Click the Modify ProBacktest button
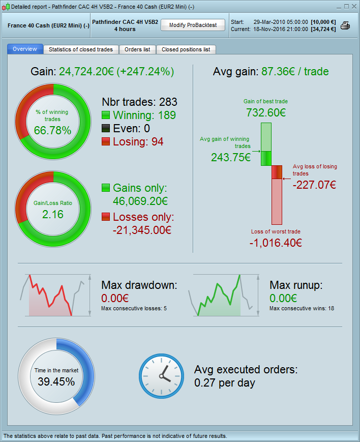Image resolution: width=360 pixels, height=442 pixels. pos(193,25)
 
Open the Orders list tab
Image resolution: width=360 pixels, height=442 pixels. pos(137,49)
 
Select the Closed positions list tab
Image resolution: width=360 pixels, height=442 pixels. pos(186,49)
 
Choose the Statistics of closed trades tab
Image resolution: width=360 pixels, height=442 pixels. pos(81,49)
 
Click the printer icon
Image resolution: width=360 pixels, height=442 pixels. pos(345,25)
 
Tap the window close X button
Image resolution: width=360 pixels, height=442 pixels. pos(353,7)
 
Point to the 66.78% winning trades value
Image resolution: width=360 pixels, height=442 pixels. pos(52,131)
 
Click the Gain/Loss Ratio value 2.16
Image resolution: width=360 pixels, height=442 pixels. pos(52,215)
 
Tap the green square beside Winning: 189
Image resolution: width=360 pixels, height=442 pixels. pos(106,115)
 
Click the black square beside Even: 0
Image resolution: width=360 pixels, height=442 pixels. pos(106,128)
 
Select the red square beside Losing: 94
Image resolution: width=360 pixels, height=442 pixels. pos(106,141)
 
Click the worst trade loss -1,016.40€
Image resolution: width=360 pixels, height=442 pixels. pos(276,242)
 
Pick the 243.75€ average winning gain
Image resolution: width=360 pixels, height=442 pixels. pos(231,157)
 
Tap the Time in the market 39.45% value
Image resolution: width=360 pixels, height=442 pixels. pos(56,381)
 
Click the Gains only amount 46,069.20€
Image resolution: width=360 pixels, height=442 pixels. pos(140,201)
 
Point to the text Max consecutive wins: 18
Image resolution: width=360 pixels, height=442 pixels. pos(302,308)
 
